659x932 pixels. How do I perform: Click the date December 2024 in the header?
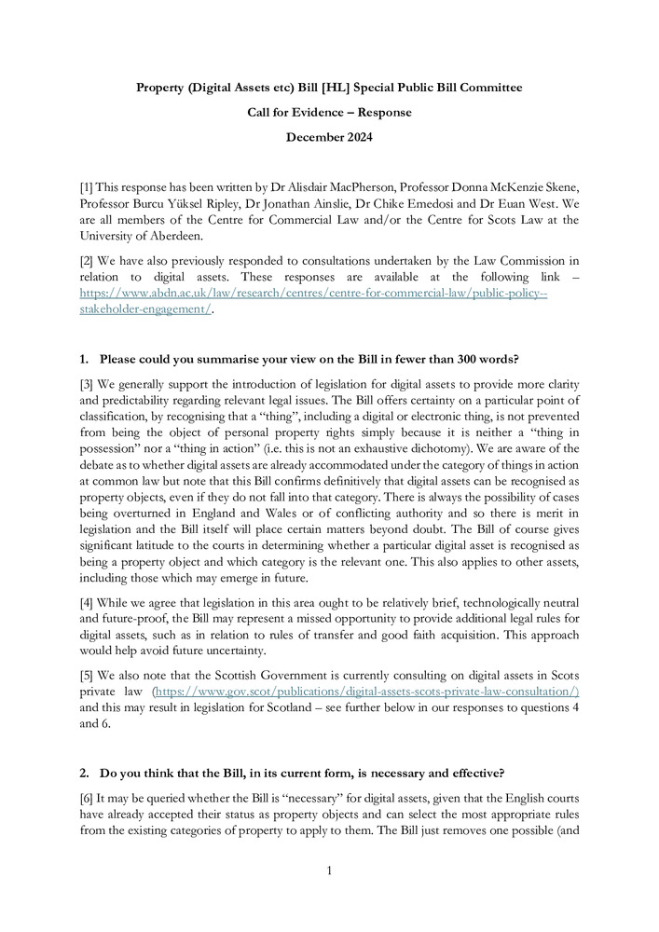(x=329, y=138)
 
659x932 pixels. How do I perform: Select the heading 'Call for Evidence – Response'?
(x=329, y=113)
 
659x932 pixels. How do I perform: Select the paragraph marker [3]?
(x=88, y=385)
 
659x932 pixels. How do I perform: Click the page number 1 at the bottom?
(x=329, y=870)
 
